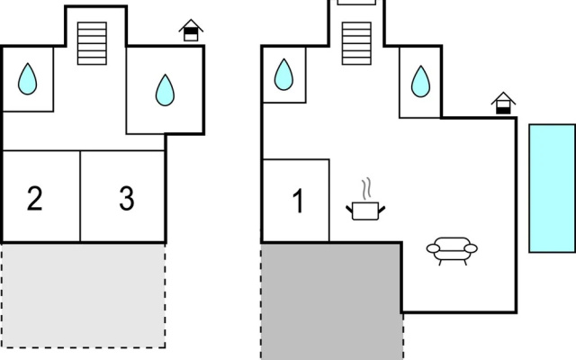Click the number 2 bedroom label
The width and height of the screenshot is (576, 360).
[35, 198]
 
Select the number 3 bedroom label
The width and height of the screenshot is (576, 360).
[127, 198]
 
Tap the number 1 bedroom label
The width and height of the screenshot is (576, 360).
[298, 201]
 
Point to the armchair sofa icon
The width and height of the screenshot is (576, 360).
[452, 251]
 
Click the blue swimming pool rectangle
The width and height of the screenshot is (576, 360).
[552, 188]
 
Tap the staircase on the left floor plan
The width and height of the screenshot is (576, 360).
[92, 43]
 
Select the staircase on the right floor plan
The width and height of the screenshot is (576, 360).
[356, 43]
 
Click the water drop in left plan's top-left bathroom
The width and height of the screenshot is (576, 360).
[28, 79]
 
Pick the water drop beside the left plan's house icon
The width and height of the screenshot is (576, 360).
[165, 90]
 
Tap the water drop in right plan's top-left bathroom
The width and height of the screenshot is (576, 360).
[283, 75]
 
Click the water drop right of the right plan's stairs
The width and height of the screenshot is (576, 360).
[420, 82]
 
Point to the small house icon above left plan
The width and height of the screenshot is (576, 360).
[191, 30]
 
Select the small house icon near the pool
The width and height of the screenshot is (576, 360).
[503, 103]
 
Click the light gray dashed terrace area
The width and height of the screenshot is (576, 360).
[84, 295]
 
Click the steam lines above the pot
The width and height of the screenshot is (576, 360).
[366, 189]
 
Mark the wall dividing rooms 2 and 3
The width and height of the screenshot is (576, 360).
[80, 196]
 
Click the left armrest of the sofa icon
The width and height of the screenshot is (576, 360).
[433, 248]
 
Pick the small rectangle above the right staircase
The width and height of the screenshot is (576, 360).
[356, 2]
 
